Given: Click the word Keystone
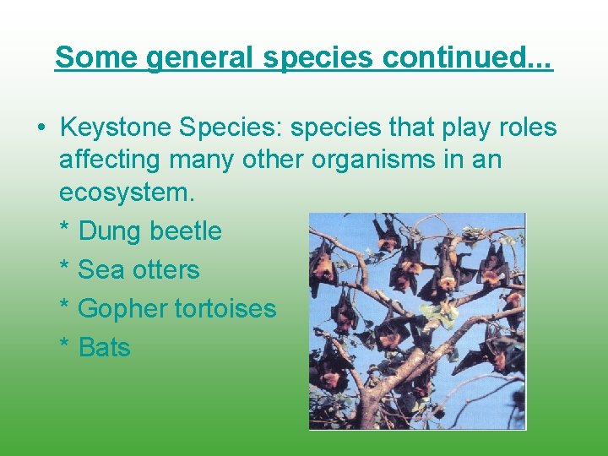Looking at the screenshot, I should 116,128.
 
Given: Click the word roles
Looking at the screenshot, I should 528,128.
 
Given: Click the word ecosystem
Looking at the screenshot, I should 127,193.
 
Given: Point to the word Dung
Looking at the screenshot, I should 110,231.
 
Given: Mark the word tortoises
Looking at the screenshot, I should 225,308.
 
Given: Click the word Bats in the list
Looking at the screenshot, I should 104,347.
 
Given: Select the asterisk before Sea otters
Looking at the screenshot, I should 64,269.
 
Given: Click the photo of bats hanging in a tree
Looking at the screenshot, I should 416,321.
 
